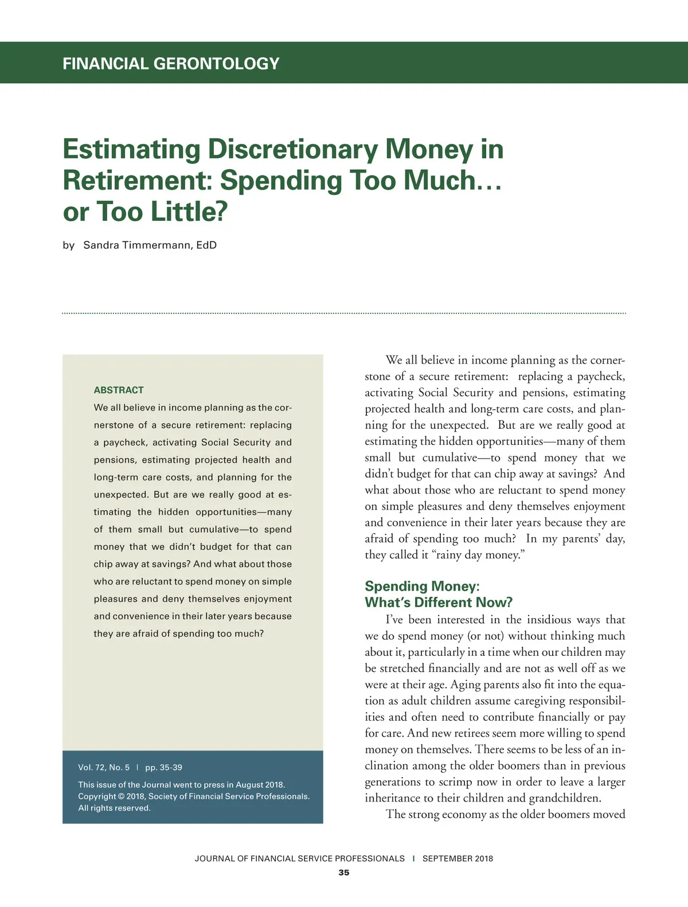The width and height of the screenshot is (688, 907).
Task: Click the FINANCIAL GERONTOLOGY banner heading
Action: (171, 63)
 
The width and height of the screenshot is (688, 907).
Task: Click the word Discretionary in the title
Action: (292, 149)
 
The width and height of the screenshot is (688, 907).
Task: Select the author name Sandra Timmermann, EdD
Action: (150, 245)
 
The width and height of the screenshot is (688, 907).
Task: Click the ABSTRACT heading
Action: (119, 390)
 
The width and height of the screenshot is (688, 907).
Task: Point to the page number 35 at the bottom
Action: (343, 873)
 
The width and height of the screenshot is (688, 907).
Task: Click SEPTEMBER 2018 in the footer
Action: (458, 858)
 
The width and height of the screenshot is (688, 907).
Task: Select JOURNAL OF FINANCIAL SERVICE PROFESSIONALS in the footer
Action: (299, 858)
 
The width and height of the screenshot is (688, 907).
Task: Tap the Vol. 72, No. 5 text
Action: (104, 767)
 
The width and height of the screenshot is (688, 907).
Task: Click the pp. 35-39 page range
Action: (163, 767)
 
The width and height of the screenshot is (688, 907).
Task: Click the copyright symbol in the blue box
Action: (121, 796)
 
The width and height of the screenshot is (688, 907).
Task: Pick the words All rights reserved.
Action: (114, 808)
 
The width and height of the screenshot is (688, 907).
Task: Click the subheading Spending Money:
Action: (422, 586)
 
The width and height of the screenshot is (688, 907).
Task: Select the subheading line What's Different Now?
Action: (439, 602)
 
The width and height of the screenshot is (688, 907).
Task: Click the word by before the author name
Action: (69, 245)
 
